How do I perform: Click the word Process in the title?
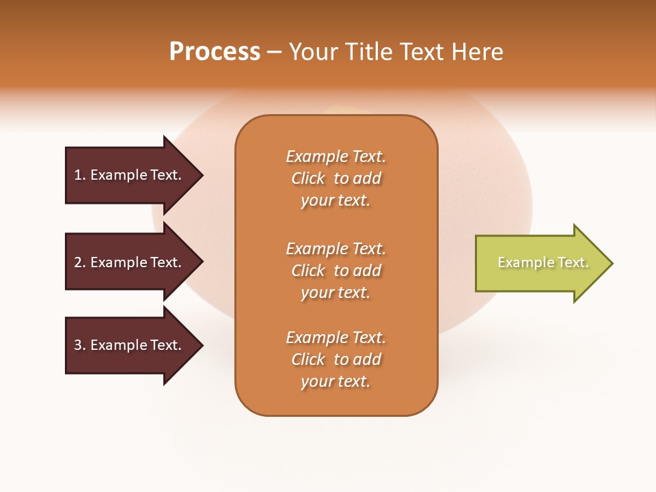tap(215, 52)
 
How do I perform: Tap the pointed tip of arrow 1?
tap(202, 175)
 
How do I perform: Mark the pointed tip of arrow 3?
tap(202, 345)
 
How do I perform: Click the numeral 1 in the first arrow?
tap(77, 175)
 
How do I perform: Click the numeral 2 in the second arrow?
tap(78, 262)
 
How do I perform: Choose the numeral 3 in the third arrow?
tap(78, 345)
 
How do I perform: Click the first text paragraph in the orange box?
tap(336, 178)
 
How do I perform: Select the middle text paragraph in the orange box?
tap(336, 271)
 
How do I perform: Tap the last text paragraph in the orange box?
tap(336, 359)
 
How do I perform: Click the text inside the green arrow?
tap(543, 262)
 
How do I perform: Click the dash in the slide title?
tap(274, 53)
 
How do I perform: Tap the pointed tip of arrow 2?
tap(202, 262)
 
